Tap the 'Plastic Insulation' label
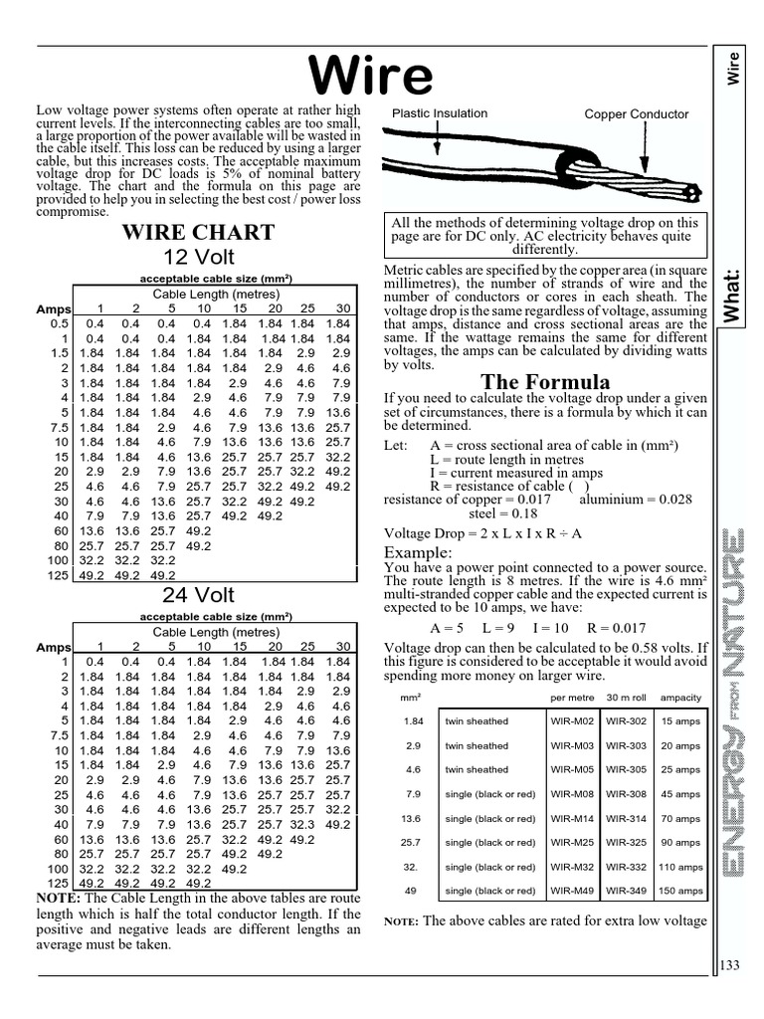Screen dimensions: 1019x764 click(440, 113)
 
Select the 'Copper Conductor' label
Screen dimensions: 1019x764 click(636, 114)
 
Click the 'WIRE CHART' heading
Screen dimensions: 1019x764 click(197, 233)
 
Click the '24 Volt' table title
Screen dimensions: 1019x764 click(198, 595)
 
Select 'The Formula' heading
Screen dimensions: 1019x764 click(545, 382)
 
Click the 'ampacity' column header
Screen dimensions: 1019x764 click(680, 697)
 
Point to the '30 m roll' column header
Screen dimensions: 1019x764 click(626, 697)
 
